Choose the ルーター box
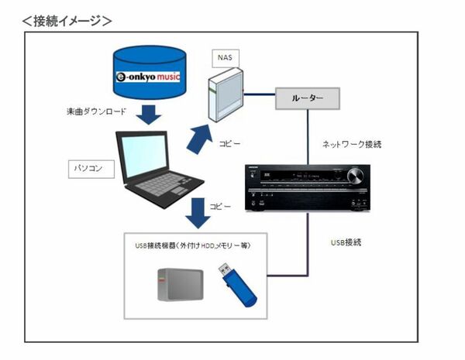[309, 99]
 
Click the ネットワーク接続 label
[353, 144]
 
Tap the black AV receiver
[308, 187]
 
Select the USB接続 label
[346, 243]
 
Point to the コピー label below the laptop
[221, 206]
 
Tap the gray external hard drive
[180, 285]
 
